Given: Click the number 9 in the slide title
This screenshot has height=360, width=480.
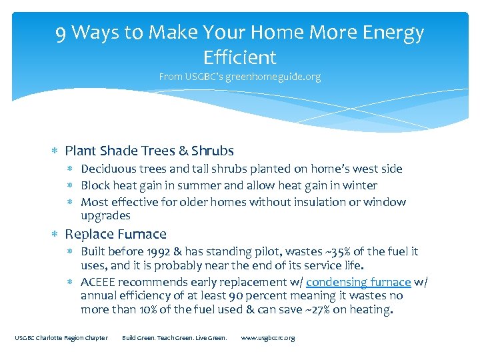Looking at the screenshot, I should [62, 32].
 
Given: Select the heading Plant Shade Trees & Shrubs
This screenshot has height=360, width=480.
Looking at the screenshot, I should [149, 151].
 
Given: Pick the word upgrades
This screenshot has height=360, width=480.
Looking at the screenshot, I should [105, 215].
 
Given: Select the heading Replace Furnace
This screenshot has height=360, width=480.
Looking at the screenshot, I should [115, 234].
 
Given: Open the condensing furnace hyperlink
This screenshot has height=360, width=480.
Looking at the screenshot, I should [358, 282].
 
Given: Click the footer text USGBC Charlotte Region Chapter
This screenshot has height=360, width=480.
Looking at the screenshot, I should [61, 338].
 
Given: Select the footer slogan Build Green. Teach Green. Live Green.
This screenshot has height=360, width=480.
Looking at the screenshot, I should [175, 338].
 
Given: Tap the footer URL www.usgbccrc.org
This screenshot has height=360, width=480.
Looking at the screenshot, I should [267, 338].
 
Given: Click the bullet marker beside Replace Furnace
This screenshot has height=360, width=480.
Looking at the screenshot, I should [57, 235].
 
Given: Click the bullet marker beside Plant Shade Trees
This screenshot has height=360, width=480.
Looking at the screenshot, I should [57, 151].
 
